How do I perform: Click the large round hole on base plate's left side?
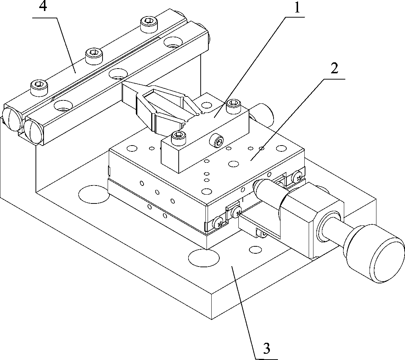[94, 193]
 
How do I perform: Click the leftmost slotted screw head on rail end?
[12, 118]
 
